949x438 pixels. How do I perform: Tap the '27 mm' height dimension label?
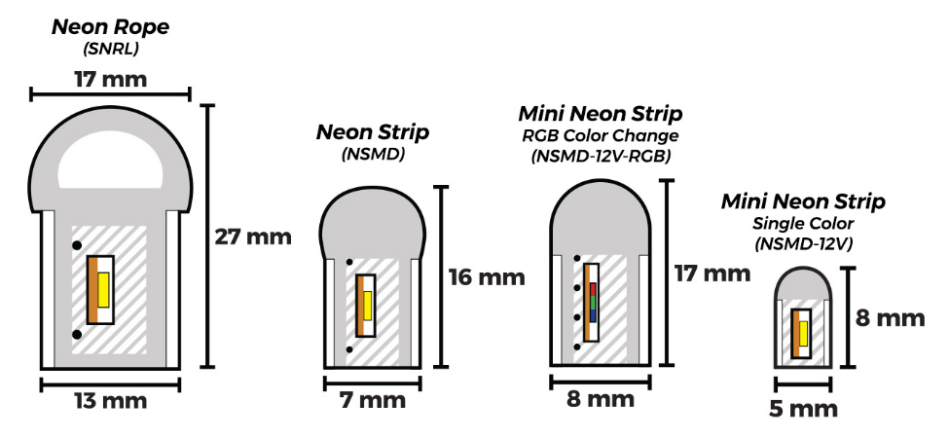253,237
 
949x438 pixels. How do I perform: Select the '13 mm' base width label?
109,401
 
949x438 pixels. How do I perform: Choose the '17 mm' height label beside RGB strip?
712,273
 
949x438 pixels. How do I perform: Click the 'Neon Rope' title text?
110,26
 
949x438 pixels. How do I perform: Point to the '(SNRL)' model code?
110,49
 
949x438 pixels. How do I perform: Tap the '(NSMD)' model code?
373,153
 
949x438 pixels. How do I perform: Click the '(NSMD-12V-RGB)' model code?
600,156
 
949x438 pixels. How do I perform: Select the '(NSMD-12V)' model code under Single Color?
803,243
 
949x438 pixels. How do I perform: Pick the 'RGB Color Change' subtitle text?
600,135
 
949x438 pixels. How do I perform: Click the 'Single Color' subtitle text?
803,224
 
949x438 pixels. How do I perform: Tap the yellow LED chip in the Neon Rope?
103,290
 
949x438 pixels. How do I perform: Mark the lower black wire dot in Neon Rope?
76,335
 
